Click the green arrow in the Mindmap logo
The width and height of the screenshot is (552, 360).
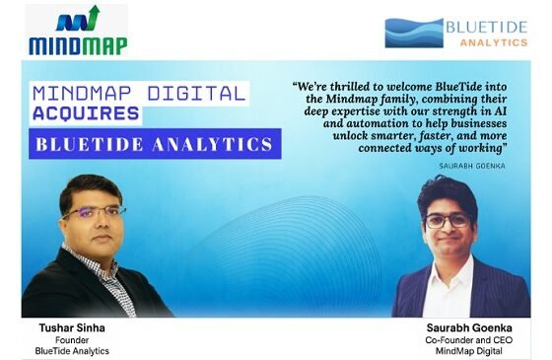(x=93, y=18)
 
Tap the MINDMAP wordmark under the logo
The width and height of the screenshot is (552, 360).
(x=78, y=46)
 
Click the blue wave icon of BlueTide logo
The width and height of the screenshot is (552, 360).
(x=414, y=34)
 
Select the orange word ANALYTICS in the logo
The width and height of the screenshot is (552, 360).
(x=494, y=42)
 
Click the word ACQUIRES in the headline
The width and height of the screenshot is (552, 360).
(x=86, y=113)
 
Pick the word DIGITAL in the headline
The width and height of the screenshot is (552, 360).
(x=196, y=94)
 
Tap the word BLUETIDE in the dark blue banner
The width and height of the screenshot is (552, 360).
(x=90, y=144)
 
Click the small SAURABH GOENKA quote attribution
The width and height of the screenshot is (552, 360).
(x=472, y=166)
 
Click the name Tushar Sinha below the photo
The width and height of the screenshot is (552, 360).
(x=72, y=327)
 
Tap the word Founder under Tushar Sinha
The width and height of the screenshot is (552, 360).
(x=72, y=340)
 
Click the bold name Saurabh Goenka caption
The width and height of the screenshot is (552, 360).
(x=469, y=327)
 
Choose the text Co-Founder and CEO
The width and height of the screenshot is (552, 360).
(x=469, y=340)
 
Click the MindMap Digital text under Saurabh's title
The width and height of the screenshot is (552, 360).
(x=469, y=351)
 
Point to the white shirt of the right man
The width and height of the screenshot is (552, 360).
(x=448, y=289)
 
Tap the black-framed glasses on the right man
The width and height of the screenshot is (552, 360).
(x=448, y=221)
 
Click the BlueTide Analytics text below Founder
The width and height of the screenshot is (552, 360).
(x=72, y=351)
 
